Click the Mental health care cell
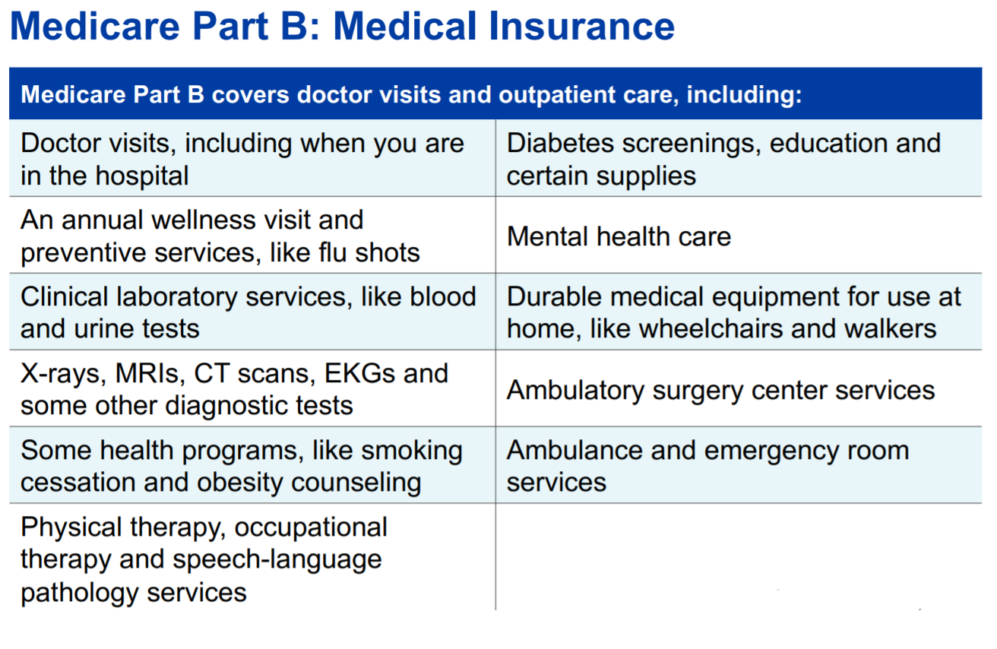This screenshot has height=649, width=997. point(619,236)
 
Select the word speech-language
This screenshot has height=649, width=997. point(277,560)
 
